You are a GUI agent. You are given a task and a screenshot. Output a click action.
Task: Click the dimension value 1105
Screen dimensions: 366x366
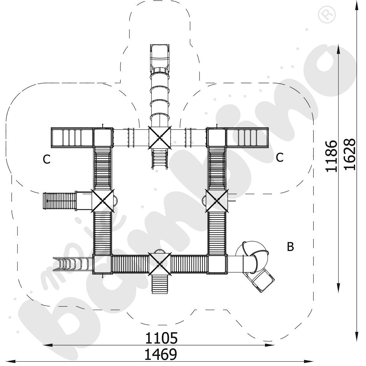[161, 338]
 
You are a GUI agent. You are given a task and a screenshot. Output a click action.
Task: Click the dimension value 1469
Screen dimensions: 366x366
[161, 354]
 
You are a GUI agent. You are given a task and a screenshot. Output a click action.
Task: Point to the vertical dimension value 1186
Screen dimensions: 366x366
[332, 156]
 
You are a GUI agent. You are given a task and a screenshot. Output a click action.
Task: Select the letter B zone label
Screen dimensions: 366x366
[290, 247]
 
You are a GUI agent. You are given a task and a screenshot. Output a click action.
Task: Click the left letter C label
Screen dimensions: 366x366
[46, 160]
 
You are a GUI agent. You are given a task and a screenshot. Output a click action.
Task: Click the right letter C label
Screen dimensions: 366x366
[280, 157]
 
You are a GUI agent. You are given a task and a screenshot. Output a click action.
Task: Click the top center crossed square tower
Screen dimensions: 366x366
[160, 137]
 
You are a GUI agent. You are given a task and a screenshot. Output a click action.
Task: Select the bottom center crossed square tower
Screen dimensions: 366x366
[160, 264]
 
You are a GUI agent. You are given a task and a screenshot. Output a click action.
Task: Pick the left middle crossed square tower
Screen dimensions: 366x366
[103, 200]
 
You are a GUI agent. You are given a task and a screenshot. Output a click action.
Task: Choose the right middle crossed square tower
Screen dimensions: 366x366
[217, 200]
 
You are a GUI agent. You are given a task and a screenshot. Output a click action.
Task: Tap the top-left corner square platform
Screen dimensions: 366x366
[102, 137]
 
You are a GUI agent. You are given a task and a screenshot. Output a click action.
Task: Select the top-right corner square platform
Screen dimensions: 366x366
[217, 137]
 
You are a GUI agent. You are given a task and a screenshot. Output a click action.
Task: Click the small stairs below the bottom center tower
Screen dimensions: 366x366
[160, 283]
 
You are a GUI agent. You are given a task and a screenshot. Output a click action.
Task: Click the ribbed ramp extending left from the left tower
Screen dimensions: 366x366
[59, 201]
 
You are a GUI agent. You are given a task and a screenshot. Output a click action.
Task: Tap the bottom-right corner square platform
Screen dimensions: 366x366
[218, 264]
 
